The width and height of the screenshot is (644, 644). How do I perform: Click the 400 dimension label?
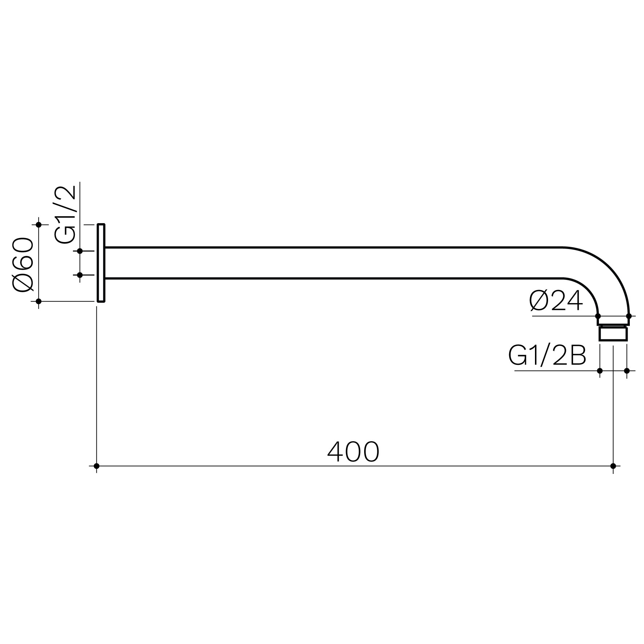(x=353, y=452)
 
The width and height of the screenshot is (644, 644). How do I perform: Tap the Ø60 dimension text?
(x=23, y=265)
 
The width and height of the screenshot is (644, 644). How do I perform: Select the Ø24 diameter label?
(x=556, y=301)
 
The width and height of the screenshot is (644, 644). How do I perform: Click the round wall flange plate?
(x=101, y=263)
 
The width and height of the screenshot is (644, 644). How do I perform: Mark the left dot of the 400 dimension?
(x=96, y=466)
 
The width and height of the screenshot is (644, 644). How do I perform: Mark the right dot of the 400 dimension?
(x=613, y=466)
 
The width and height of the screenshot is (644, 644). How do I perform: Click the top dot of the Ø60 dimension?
(x=39, y=225)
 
